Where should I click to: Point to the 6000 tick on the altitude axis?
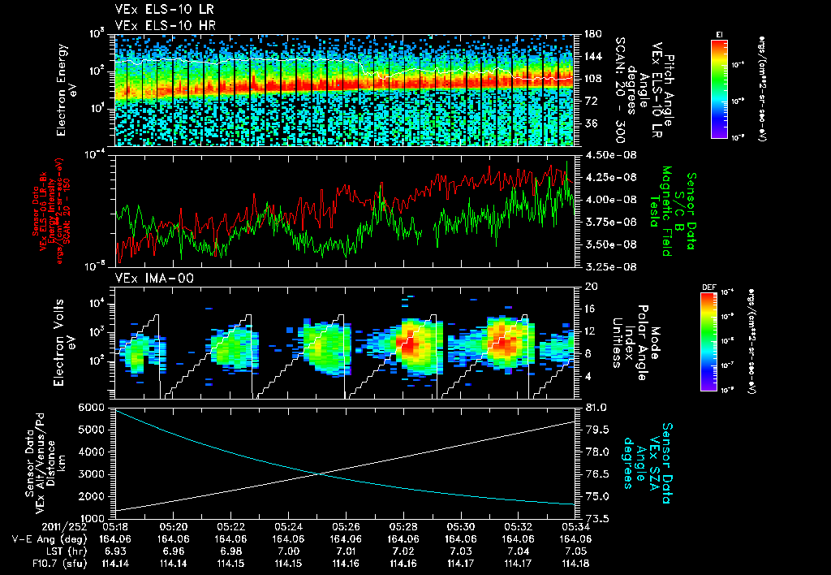(x=93, y=406)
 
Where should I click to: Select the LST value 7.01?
(x=346, y=551)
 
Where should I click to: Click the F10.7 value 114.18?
(x=575, y=563)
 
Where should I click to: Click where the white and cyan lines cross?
(x=318, y=473)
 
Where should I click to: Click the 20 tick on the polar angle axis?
(x=589, y=286)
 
